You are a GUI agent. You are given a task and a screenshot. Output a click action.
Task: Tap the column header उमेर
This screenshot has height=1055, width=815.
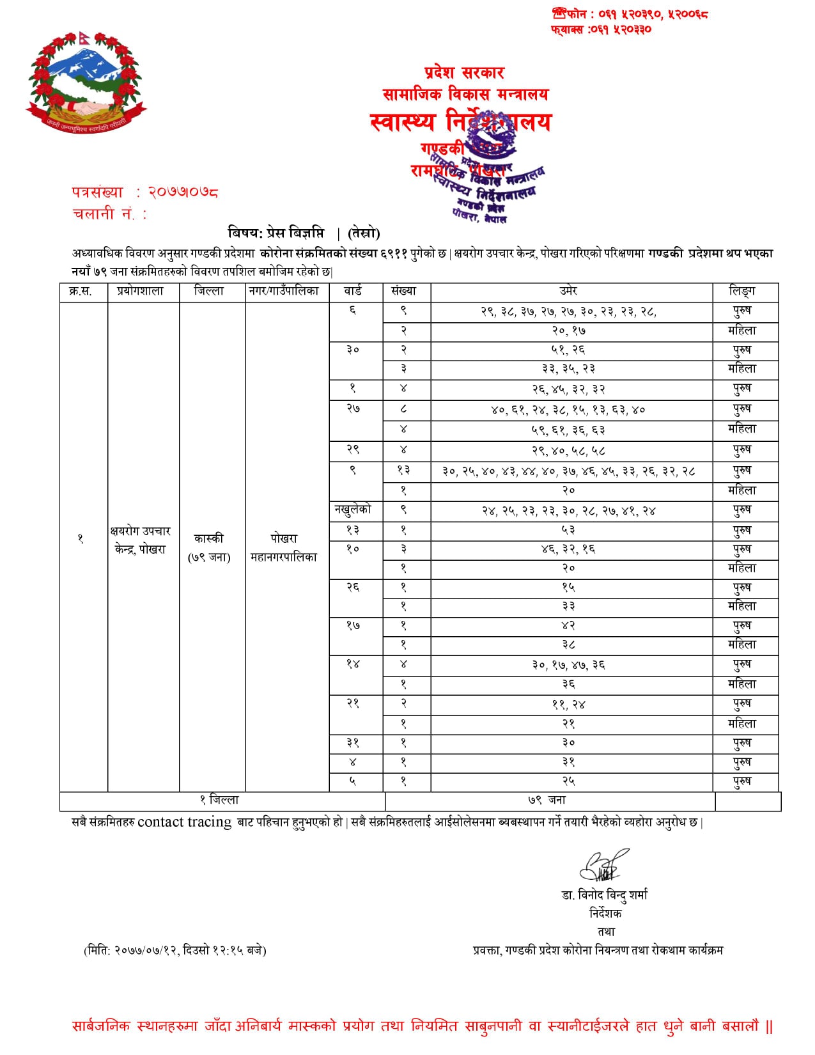(x=568, y=292)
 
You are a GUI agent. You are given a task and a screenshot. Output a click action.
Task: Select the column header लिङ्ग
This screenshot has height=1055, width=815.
(x=742, y=292)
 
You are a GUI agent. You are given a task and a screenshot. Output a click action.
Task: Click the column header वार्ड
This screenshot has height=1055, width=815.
(x=353, y=292)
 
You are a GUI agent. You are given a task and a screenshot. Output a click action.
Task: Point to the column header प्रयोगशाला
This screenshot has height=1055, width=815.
(x=141, y=292)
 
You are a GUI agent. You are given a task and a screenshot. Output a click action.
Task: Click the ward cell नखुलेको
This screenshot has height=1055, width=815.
(x=353, y=510)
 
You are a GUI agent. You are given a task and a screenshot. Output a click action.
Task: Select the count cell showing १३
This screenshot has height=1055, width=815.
(x=404, y=471)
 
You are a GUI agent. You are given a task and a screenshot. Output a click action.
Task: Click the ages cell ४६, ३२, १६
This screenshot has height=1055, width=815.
(x=568, y=549)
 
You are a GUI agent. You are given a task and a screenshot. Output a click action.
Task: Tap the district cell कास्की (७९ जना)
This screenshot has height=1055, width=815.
(x=209, y=548)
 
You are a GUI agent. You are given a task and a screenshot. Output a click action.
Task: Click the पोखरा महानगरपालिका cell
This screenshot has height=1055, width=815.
(x=284, y=548)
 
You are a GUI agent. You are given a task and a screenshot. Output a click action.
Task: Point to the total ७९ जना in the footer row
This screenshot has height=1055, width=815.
(x=547, y=800)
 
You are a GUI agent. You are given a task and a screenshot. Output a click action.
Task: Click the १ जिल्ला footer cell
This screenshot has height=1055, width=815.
(x=219, y=800)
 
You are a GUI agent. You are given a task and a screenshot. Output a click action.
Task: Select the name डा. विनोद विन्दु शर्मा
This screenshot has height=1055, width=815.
(x=605, y=895)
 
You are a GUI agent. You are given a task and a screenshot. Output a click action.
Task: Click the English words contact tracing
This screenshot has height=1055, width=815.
(x=184, y=822)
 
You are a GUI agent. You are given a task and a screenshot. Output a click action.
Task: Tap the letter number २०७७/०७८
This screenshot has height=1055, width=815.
(x=183, y=192)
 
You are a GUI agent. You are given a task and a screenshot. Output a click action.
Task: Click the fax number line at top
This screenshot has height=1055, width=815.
(x=601, y=29)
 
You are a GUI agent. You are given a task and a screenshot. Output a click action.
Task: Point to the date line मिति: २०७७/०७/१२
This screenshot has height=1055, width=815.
(x=175, y=950)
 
